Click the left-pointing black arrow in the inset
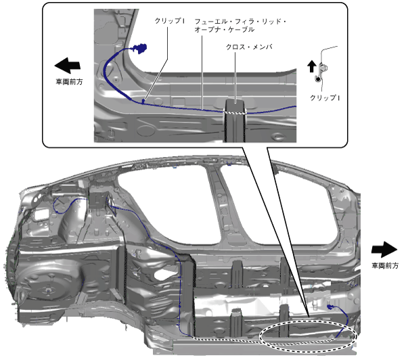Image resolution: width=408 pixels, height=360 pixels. coord(67,66)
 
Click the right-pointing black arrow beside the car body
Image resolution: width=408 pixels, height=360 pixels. coord(386,248)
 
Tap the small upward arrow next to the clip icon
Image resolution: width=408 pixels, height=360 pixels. coord(312,66)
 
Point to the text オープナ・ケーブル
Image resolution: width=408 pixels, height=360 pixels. coord(224,30)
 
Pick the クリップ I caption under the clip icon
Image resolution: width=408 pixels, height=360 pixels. coord(324,98)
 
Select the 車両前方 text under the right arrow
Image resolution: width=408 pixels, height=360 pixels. coord(386,266)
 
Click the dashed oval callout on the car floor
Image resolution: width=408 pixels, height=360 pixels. coord(309,335)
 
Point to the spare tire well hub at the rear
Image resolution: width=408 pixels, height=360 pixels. coord(49,292)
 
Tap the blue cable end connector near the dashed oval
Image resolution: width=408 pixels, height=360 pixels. coord(333,308)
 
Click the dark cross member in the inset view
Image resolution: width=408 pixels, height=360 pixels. coord(234,122)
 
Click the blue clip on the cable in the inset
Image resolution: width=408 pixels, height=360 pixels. coord(143,101)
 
